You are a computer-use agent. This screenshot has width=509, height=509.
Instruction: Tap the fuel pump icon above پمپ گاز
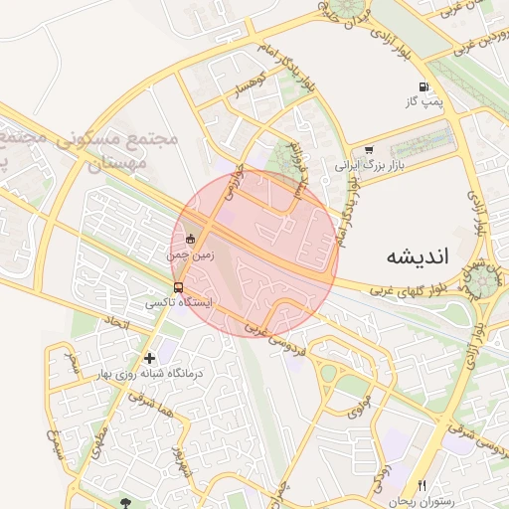[x=424, y=87]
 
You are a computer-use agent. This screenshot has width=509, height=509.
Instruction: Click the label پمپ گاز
[x=423, y=102]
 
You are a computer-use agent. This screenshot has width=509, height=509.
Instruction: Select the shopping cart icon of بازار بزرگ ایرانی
[x=369, y=151]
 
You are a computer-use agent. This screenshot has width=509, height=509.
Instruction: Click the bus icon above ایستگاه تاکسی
[x=178, y=287]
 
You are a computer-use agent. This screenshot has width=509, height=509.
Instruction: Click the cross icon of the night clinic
[x=149, y=358]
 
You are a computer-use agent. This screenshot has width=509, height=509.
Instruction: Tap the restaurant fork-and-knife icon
[x=422, y=485]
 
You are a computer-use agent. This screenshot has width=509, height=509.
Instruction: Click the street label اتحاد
[x=117, y=324]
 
